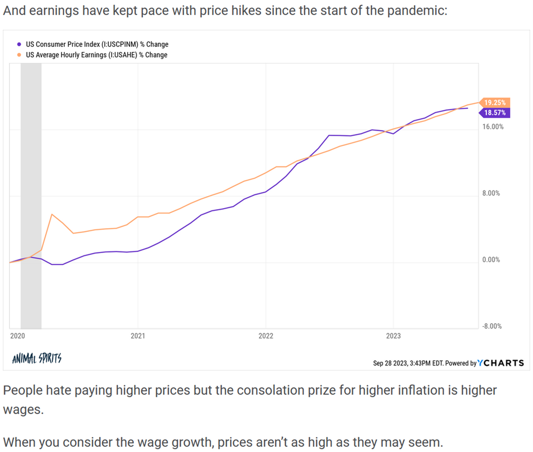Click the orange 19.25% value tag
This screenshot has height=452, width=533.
click(494, 103)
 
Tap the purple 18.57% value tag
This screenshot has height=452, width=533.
click(494, 113)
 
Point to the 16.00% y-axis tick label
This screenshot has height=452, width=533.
click(493, 127)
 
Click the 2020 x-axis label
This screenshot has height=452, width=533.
click(18, 336)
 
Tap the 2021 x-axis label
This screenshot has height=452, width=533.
click(138, 336)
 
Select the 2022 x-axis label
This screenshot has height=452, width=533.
click(265, 336)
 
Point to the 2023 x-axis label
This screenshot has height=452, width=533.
click(393, 336)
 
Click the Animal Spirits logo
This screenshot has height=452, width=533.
click(36, 359)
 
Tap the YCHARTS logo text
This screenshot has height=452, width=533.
click(501, 363)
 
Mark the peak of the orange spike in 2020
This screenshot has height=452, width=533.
click(52, 214)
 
